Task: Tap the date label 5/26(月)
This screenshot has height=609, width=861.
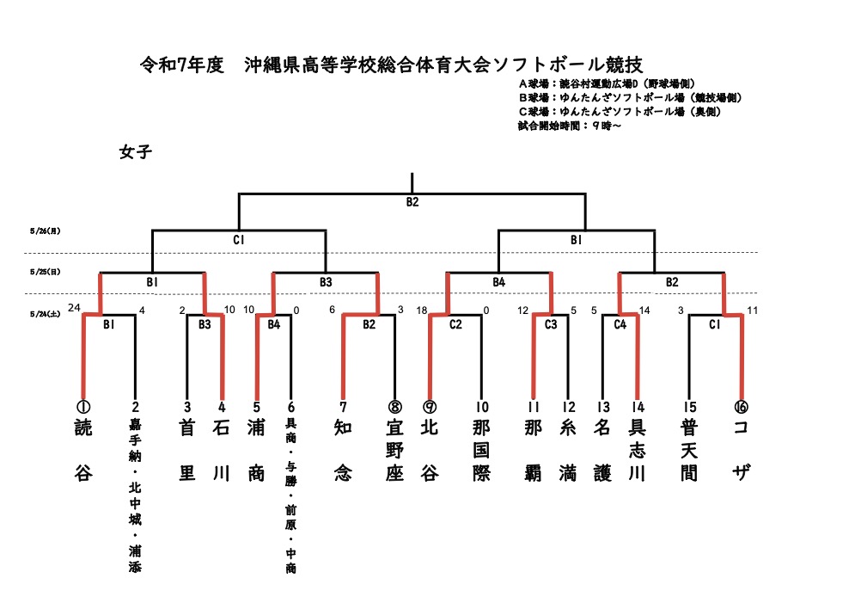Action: [45, 231]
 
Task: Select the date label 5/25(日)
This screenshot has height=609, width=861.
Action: [45, 272]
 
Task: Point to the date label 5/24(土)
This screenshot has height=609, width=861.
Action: [45, 315]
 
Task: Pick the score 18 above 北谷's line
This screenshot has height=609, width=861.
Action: [422, 310]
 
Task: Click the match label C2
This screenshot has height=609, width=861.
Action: [455, 325]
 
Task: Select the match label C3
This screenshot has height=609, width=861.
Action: [551, 325]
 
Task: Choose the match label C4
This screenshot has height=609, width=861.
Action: [620, 325]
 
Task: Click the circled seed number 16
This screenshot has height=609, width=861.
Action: [741, 406]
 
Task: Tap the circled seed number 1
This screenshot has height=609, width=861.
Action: [83, 406]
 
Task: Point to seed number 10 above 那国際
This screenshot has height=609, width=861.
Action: [482, 406]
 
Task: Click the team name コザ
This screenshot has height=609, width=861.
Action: [741, 450]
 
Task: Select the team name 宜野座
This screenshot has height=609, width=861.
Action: [394, 450]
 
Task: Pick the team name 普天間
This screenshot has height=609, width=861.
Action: [688, 450]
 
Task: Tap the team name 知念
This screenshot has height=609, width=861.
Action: [343, 450]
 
